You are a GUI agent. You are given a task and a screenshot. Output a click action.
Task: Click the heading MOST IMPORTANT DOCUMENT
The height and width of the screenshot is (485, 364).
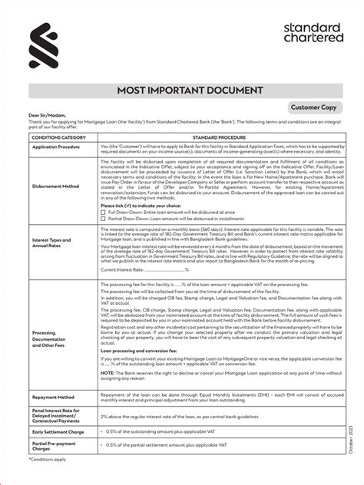[x=182, y=93]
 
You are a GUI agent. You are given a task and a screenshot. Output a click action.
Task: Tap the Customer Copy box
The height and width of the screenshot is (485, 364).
[x=316, y=108]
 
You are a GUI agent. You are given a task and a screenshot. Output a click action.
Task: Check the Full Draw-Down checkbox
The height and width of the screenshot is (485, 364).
[x=103, y=212]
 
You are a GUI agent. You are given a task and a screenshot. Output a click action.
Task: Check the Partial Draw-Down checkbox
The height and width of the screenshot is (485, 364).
[x=103, y=218]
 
